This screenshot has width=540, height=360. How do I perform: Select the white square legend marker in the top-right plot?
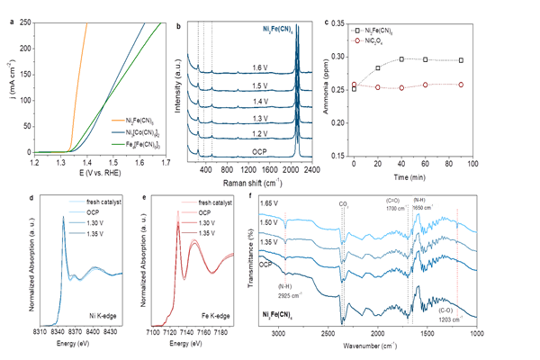tap(356, 31)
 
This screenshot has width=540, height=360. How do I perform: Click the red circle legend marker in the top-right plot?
tap(356, 40)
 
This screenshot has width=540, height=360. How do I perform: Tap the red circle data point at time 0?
tap(355, 85)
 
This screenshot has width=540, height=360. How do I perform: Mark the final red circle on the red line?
tap(461, 85)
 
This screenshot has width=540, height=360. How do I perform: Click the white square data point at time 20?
tap(378, 68)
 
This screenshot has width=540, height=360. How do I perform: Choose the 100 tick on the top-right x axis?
tap(472, 163)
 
